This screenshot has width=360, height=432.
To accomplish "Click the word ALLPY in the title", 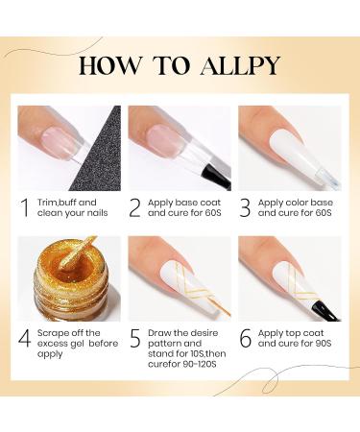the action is click(240, 65).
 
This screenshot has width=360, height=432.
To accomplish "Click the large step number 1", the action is click(25, 207).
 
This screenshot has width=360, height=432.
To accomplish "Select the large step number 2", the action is click(134, 207).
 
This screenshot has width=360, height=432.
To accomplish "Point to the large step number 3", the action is click(245, 207).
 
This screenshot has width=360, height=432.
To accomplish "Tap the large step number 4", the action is click(24, 338).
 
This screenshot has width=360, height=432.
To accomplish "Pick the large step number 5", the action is click(135, 338).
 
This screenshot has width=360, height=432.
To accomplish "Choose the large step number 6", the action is click(246, 338).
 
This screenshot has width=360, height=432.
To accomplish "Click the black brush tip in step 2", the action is click(216, 177).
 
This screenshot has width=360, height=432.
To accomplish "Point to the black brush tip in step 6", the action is click(326, 310).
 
